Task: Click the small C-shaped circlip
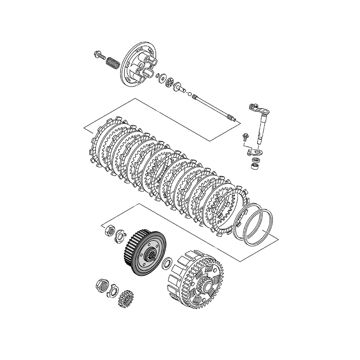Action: click(158, 75)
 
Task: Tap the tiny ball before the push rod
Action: click(190, 94)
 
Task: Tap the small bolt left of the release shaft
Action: click(244, 136)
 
